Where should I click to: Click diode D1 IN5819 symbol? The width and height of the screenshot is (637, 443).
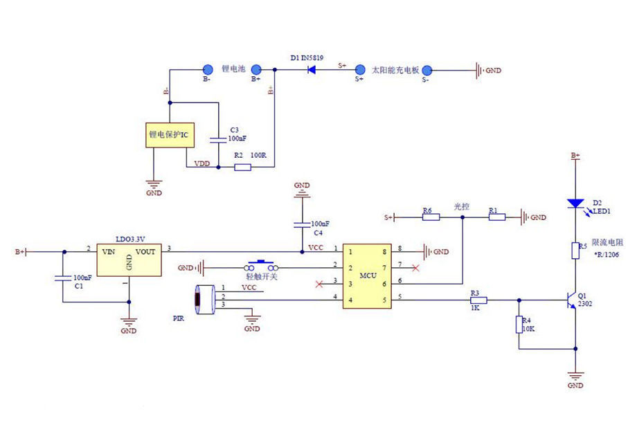click(x=312, y=69)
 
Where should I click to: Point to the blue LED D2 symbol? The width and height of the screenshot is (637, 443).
click(x=575, y=204)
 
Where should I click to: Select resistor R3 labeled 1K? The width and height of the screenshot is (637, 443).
click(x=478, y=300)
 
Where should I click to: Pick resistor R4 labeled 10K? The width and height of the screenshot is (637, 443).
click(x=519, y=325)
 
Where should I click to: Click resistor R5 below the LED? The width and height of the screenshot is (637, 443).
click(x=575, y=250)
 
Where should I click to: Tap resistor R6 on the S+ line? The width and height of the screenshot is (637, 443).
click(x=431, y=217)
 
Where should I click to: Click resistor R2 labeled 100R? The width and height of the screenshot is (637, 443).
click(x=242, y=167)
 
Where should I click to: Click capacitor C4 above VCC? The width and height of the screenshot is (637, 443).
click(x=302, y=224)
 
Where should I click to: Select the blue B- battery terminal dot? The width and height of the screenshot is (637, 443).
click(x=207, y=69)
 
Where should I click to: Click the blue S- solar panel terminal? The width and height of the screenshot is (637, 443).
click(x=427, y=70)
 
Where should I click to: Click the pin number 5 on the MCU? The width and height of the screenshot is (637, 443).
click(x=400, y=298)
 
